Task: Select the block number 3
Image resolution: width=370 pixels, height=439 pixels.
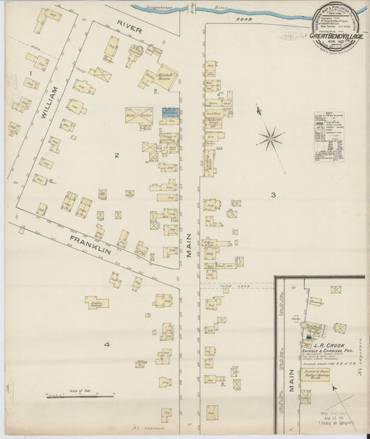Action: [x=274, y=194]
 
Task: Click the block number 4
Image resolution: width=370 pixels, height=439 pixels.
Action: [x=107, y=345]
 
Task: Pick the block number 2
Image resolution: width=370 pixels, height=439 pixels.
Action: [x=117, y=155]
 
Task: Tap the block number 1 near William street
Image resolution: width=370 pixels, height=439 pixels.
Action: [x=31, y=72]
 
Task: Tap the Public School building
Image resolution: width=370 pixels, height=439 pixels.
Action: [x=96, y=303]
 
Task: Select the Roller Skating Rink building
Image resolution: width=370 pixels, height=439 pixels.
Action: [x=314, y=374]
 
